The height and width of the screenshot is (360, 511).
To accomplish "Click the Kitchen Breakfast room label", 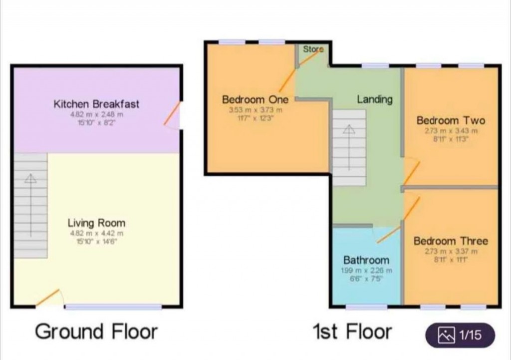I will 96,104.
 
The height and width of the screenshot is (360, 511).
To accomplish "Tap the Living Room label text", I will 96,223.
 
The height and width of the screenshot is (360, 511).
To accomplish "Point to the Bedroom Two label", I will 451,120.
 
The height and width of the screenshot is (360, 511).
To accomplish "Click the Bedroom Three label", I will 451,241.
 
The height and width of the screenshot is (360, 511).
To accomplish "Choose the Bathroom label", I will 366,260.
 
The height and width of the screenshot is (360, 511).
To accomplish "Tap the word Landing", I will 374,99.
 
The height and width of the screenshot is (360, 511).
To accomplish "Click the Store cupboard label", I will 313,49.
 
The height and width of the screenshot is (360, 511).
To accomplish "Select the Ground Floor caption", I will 96,332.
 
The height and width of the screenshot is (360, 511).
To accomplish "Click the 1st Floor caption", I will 352,332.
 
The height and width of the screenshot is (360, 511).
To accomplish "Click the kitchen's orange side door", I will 171,114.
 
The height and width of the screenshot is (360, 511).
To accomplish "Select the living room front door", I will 48,298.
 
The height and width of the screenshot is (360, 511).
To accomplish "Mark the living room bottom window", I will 113,307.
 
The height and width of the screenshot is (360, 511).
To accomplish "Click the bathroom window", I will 366,307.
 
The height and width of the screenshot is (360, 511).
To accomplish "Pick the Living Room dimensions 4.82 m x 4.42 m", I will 96,233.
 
